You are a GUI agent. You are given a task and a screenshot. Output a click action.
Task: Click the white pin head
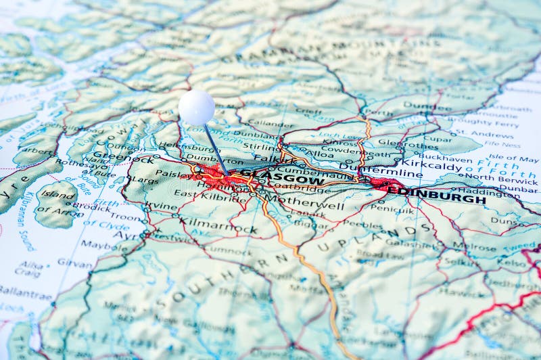pyautogui.click(x=197, y=108)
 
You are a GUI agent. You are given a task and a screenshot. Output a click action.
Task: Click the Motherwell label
pyautogui.click(x=305, y=202)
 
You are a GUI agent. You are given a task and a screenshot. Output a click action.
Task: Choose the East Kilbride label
pyautogui.click(x=201, y=194)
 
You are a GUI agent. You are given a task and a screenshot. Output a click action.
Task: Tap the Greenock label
pyautogui.click(x=114, y=155)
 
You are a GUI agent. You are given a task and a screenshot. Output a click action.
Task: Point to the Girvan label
pyautogui.click(x=75, y=263)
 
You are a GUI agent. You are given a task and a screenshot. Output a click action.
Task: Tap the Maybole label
pyautogui.click(x=103, y=245)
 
